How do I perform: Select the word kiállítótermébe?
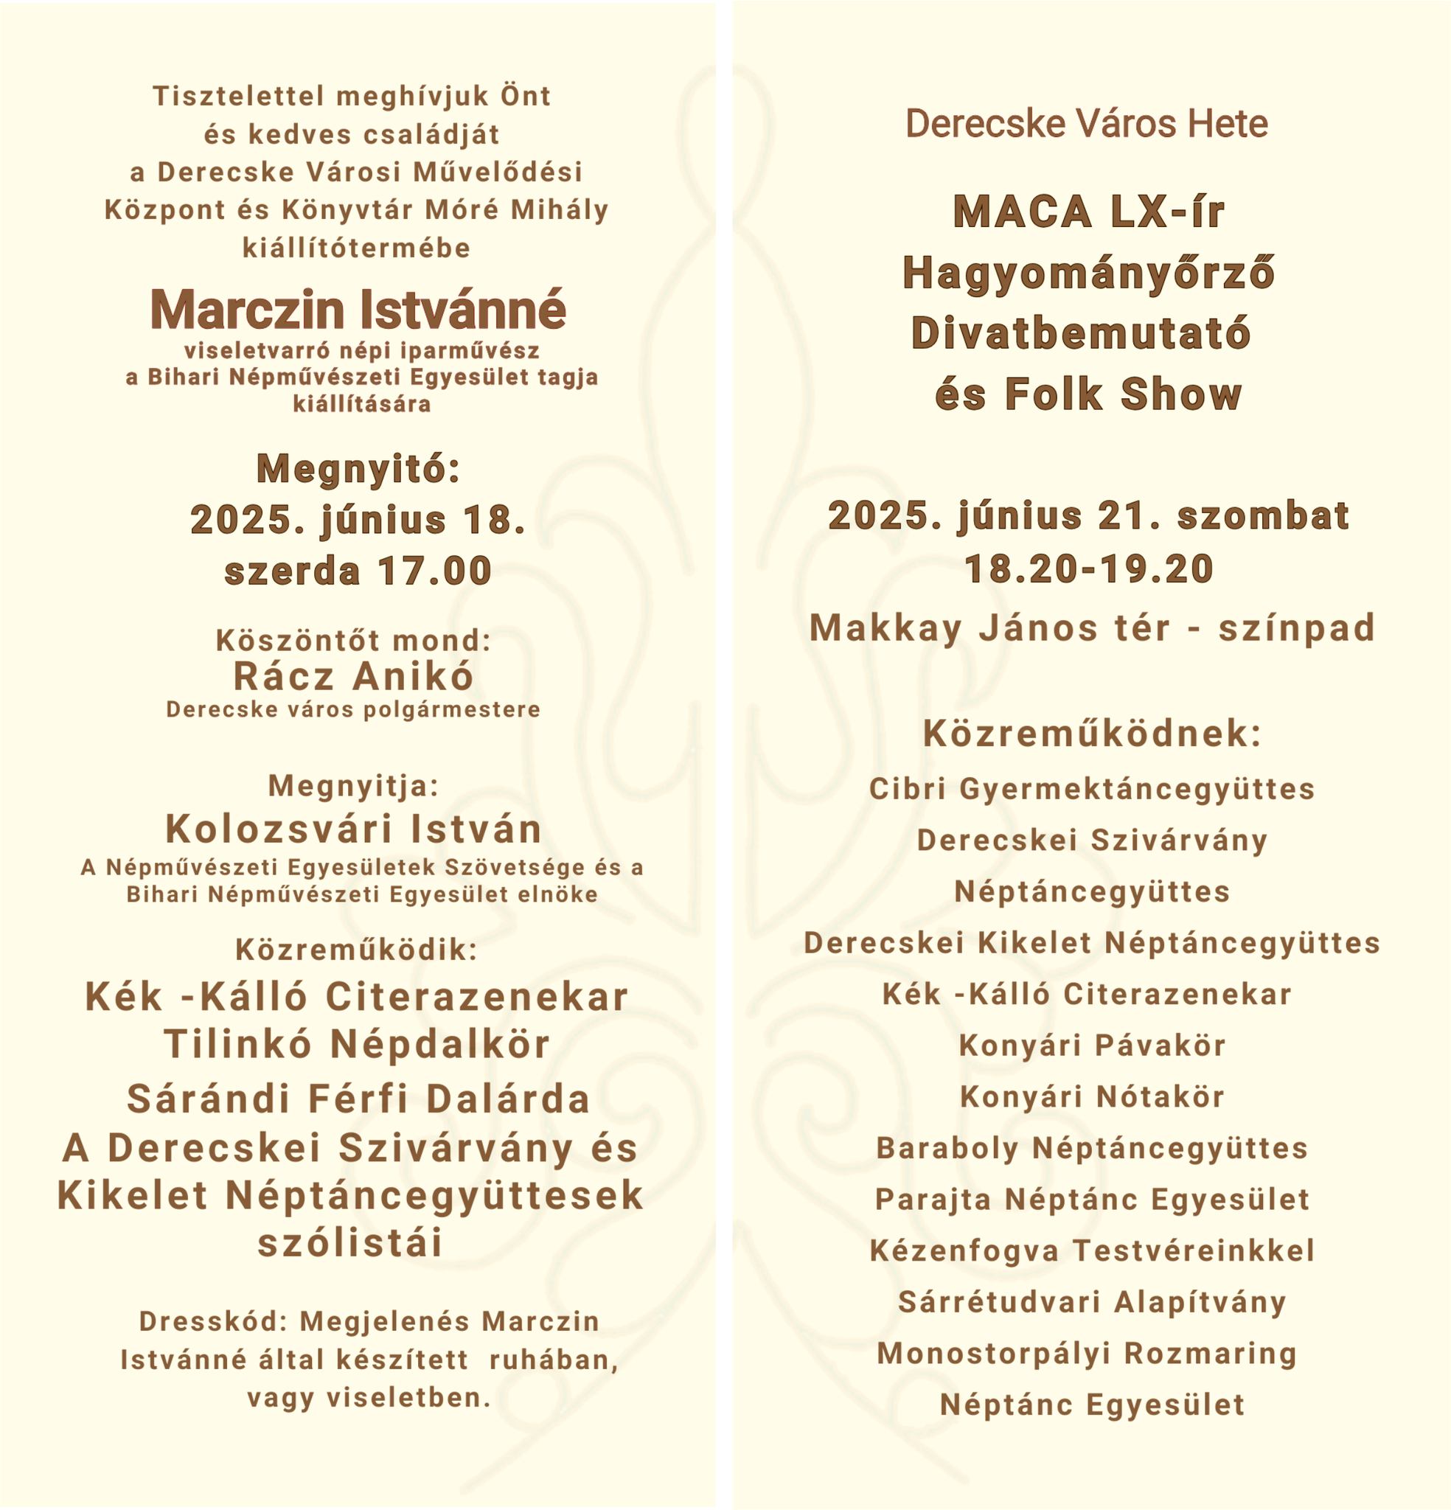tap(356, 248)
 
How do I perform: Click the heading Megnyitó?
tap(358, 468)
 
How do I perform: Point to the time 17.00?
tap(434, 571)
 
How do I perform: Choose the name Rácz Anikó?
tap(354, 675)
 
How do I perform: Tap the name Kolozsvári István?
tap(354, 829)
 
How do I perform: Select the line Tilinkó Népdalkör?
tap(357, 1044)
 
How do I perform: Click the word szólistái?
tap(351, 1242)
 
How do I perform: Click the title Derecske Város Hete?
tap(1087, 124)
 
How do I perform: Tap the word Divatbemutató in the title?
tap(1080, 333)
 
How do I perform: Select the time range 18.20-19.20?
tap(1089, 569)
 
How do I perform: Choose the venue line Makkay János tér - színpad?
tap(1092, 627)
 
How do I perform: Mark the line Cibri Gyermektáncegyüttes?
tap(1092, 789)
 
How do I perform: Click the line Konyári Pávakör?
tap(1092, 1045)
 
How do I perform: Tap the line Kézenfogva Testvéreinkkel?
tap(1092, 1250)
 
